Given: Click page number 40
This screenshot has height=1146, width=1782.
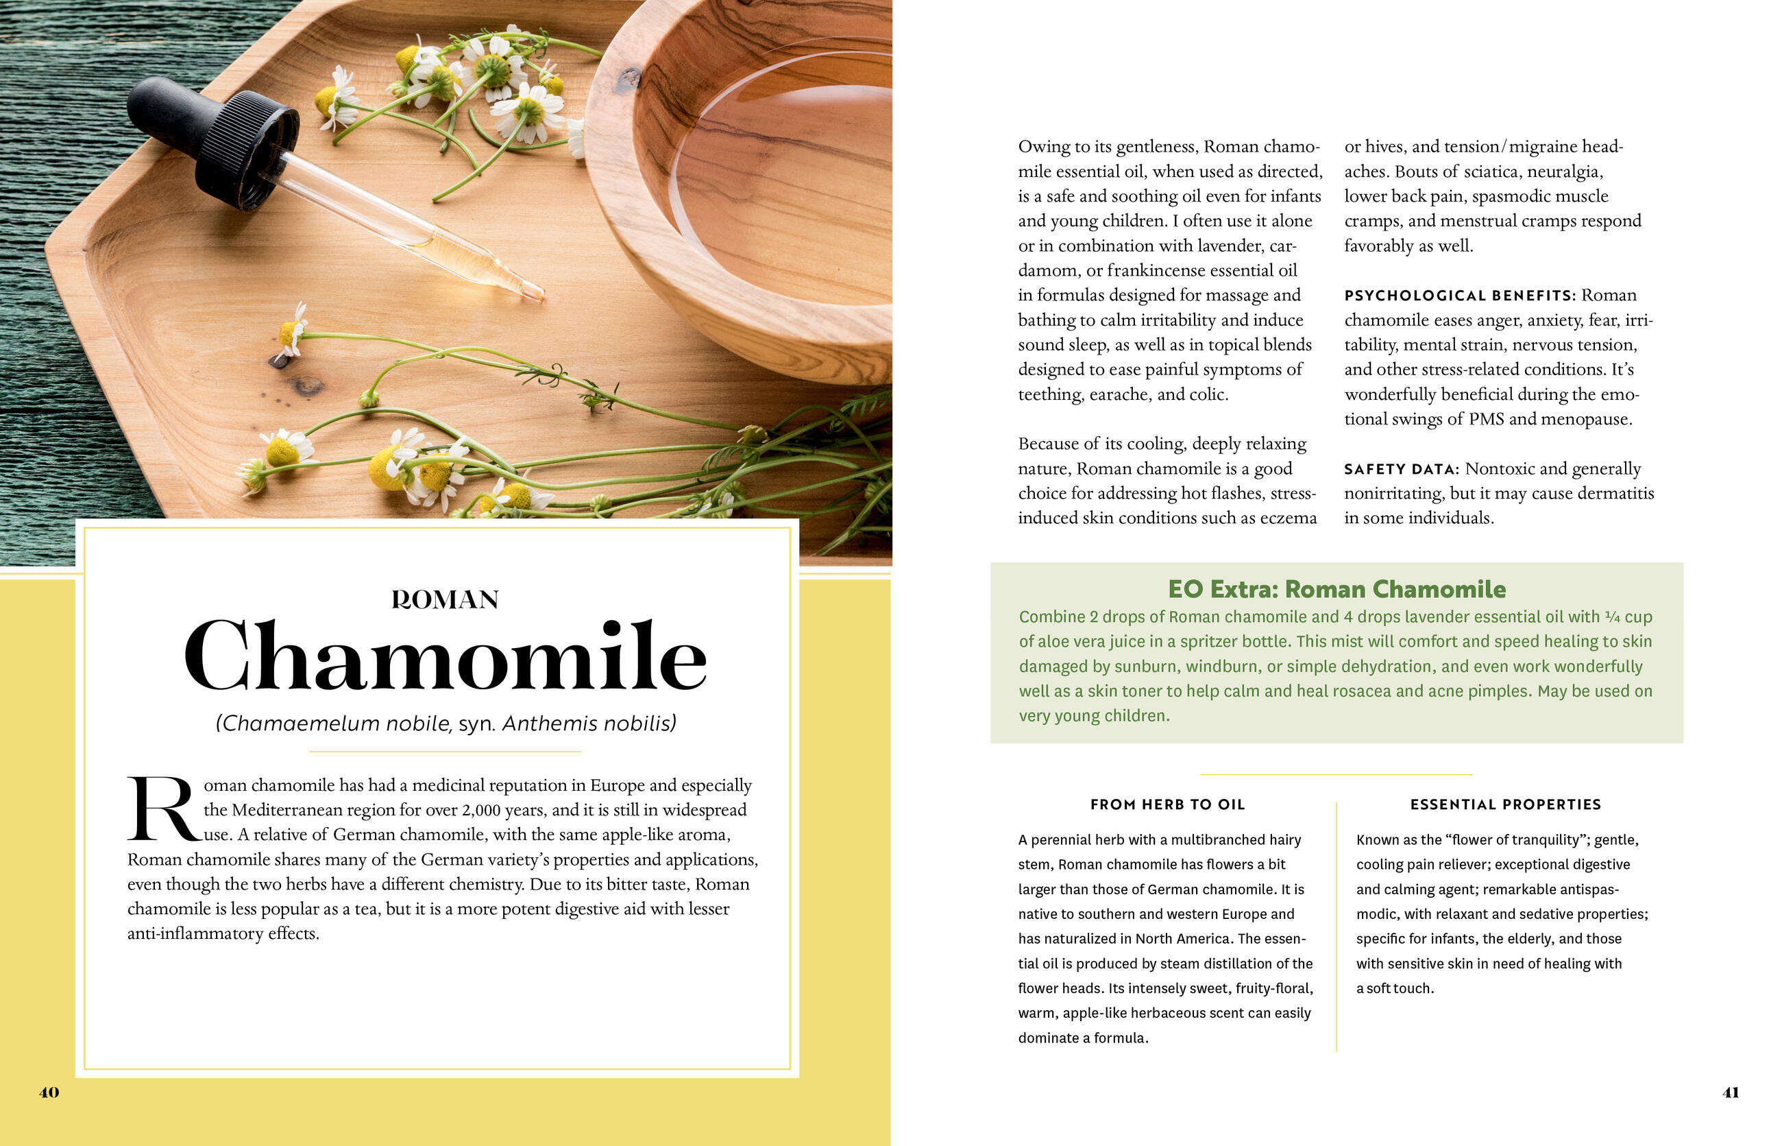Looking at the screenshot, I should pos(49,1093).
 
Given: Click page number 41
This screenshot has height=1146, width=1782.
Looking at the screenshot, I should pos(1731,1093).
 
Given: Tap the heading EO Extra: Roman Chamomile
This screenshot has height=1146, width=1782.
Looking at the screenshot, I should pos(1336,589).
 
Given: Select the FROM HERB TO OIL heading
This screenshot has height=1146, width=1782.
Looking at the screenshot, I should pos(1167,804).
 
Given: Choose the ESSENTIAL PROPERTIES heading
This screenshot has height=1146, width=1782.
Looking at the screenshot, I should pos(1505,804).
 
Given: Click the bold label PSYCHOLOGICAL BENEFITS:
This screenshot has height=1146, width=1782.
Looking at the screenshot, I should pos(1459,296).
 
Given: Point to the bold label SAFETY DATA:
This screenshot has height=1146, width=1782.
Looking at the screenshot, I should pos(1401,470).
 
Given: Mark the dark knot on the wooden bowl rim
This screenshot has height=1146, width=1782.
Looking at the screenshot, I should pos(629,77).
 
